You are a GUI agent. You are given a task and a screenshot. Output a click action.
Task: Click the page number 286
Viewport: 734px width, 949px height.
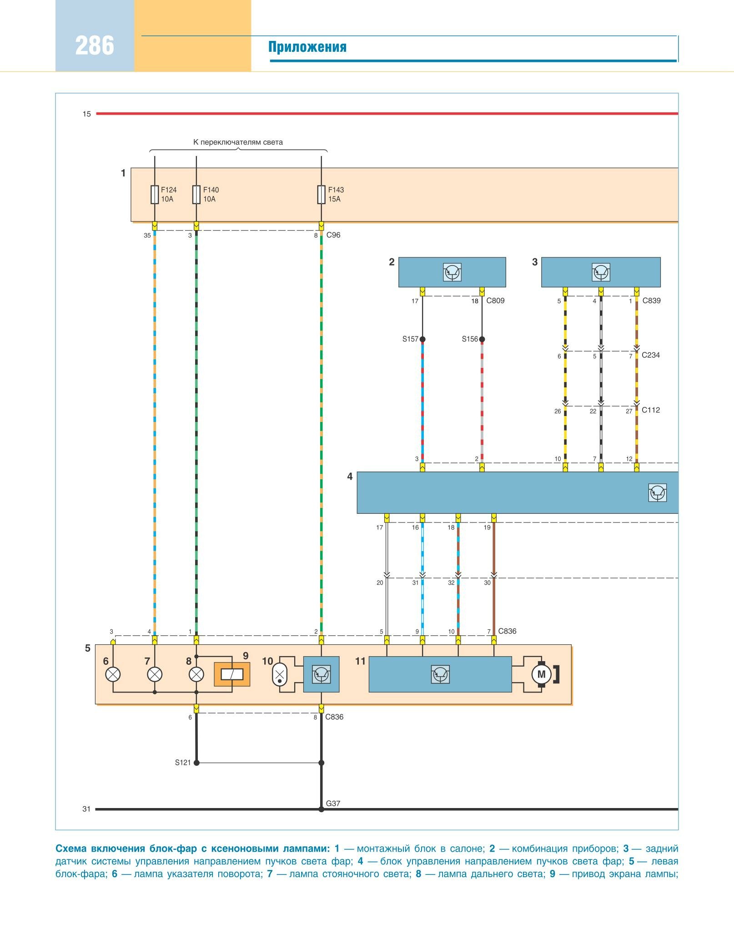[x=95, y=46]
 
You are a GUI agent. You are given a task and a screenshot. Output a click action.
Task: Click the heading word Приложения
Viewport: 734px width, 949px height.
[x=307, y=47]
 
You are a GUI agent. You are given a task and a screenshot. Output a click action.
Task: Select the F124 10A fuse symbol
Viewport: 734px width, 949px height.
[x=155, y=195]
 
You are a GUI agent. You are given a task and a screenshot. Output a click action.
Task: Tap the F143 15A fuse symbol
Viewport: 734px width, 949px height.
[x=322, y=195]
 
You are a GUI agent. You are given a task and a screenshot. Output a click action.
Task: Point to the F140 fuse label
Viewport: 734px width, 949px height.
[x=211, y=190]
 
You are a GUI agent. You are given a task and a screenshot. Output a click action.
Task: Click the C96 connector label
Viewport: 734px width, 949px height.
[x=333, y=235]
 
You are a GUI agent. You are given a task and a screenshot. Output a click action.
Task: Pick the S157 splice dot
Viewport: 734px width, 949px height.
[x=422, y=339]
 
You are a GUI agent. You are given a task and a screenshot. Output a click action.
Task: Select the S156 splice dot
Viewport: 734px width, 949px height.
[x=482, y=339]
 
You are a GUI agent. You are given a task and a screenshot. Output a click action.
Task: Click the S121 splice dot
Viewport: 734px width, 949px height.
[x=196, y=763]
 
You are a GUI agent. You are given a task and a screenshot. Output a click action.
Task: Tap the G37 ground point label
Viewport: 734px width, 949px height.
[x=333, y=803]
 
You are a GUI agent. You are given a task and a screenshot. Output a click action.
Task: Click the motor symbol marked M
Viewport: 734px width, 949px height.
[x=541, y=674]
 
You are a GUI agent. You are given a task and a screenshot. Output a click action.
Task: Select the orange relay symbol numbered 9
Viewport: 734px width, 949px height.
[x=232, y=674]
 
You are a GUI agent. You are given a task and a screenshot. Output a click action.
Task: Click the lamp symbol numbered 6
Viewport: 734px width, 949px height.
[x=113, y=674]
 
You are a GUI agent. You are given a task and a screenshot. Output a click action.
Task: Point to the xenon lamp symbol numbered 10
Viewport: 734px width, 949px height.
[x=280, y=674]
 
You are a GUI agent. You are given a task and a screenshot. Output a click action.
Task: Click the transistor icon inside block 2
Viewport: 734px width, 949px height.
[x=452, y=272]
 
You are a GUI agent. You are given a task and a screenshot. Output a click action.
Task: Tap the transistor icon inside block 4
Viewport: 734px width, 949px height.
[x=657, y=493]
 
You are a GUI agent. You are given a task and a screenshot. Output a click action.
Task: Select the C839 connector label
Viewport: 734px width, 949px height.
[x=651, y=301]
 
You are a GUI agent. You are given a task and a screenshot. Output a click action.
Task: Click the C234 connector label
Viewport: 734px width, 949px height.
[x=650, y=355]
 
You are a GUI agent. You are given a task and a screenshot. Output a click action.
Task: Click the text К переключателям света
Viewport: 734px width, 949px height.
[x=238, y=142]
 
